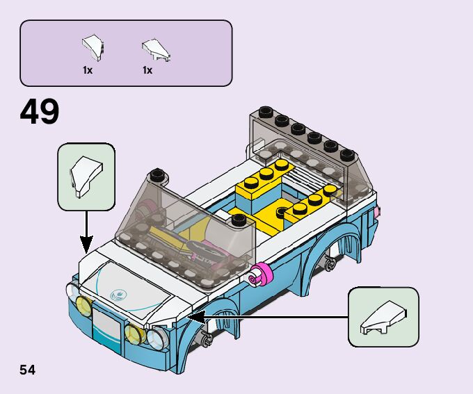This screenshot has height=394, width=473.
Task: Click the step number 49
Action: pos(40,112)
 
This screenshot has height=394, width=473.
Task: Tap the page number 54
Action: pos(27,370)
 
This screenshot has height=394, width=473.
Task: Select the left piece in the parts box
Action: pos(92,47)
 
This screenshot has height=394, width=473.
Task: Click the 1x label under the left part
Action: pos(88,70)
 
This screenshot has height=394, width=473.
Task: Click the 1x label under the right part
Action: pos(147,70)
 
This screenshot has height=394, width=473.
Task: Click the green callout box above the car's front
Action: pos(86,177)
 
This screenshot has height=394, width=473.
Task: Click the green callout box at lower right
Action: pos(383,317)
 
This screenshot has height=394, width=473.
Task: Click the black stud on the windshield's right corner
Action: pos(239,220)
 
